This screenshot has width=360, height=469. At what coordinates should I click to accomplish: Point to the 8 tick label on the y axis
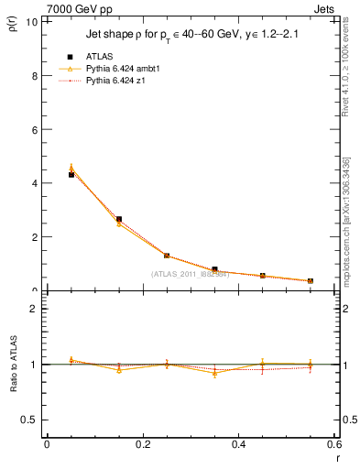tap(34, 76)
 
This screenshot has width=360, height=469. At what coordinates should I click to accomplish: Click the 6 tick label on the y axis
tap(34, 129)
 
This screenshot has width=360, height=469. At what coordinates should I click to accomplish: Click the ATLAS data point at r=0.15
tap(119, 219)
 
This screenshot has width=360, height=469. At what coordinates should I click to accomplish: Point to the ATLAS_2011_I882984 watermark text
tap(190, 274)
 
